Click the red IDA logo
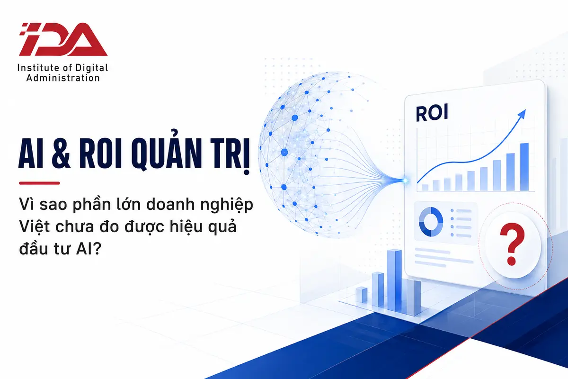[x=63, y=39]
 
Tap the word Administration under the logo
[x=63, y=78]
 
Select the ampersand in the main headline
[x=61, y=153]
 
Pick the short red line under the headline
[x=39, y=183]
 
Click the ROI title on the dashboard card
[x=432, y=113]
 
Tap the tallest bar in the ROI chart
[x=524, y=167]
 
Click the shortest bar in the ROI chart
[x=425, y=188]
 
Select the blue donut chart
[x=431, y=221]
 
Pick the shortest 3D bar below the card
[x=362, y=295]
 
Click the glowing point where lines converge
[x=406, y=180]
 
